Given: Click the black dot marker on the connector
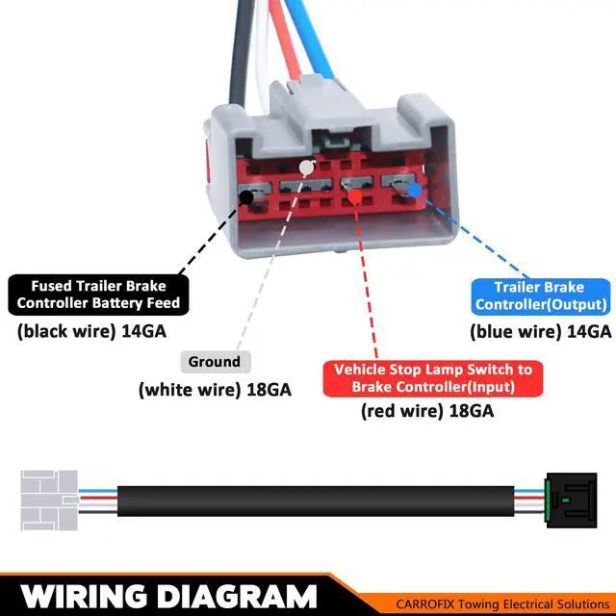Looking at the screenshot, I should pyautogui.click(x=247, y=197).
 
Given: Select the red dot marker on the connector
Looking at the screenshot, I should pyautogui.click(x=354, y=196).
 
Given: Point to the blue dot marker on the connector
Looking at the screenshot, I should pyautogui.click(x=415, y=190).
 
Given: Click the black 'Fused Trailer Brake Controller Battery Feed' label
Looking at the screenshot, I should pyautogui.click(x=98, y=295).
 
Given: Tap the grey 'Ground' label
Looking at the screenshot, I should pyautogui.click(x=215, y=362).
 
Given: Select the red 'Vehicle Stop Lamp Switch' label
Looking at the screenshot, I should pyautogui.click(x=432, y=378).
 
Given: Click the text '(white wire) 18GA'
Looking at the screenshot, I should pyautogui.click(x=215, y=390).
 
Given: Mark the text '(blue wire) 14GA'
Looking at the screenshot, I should pyautogui.click(x=540, y=331).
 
